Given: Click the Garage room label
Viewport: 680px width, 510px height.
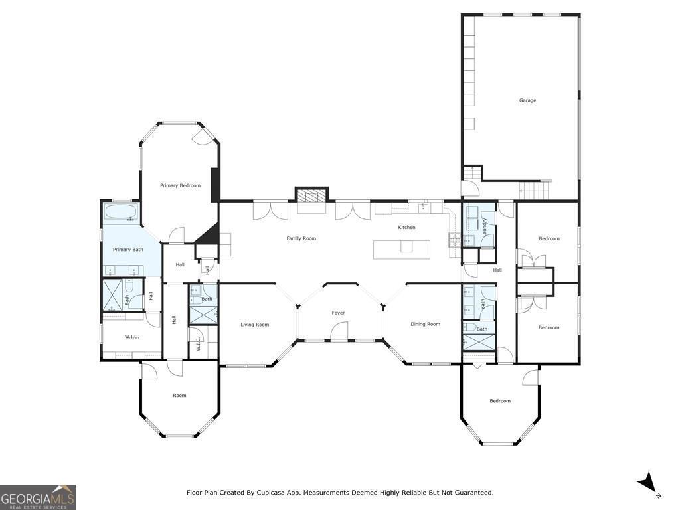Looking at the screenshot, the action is click(x=527, y=100).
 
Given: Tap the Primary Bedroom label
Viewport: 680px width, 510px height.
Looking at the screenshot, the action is click(x=180, y=186).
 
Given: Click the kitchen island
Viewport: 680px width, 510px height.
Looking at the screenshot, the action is click(x=402, y=250).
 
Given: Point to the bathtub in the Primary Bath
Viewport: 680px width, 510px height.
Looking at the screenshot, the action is click(x=121, y=213).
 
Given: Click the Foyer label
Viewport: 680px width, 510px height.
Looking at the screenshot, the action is click(x=338, y=313).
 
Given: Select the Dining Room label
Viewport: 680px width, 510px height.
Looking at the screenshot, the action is click(x=425, y=324).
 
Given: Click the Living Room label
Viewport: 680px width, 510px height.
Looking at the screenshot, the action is click(x=254, y=324).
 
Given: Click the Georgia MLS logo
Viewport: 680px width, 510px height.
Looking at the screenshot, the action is click(x=38, y=497).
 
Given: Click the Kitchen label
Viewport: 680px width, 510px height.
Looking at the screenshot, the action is click(x=406, y=227).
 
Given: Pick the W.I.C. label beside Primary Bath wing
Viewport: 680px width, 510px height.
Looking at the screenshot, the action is click(x=132, y=337).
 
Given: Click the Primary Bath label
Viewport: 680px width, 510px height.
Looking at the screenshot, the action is click(x=127, y=250).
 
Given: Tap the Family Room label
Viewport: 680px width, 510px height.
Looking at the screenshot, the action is click(x=301, y=238).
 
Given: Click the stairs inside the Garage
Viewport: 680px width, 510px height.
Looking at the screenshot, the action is click(x=535, y=189).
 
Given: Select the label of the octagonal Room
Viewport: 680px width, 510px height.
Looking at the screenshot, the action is click(x=179, y=396).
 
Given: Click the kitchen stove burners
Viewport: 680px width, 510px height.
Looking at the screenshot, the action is click(x=454, y=240).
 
